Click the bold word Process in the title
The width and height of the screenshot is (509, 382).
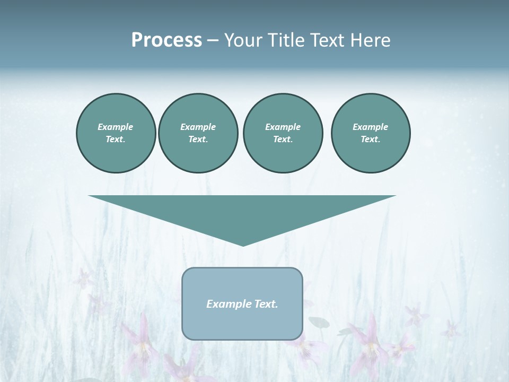[x=166, y=40]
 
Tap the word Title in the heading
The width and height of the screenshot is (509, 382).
[x=286, y=40]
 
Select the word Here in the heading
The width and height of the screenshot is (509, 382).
[x=370, y=40]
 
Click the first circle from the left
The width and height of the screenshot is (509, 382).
[x=116, y=133]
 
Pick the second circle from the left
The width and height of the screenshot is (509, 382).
[x=198, y=133]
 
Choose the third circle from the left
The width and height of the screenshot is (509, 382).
[x=283, y=133]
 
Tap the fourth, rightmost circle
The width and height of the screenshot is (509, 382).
[x=371, y=133]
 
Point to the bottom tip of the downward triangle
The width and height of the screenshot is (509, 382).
[x=243, y=245]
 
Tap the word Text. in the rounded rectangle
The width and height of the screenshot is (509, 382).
[x=266, y=304]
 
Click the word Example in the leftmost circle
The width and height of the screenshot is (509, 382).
[x=116, y=127]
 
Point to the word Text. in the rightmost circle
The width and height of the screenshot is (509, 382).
[x=371, y=140]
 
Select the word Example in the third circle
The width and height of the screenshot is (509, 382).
[x=283, y=127]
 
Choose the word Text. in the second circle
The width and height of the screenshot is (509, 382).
[x=198, y=140]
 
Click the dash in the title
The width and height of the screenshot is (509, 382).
[x=213, y=40]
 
